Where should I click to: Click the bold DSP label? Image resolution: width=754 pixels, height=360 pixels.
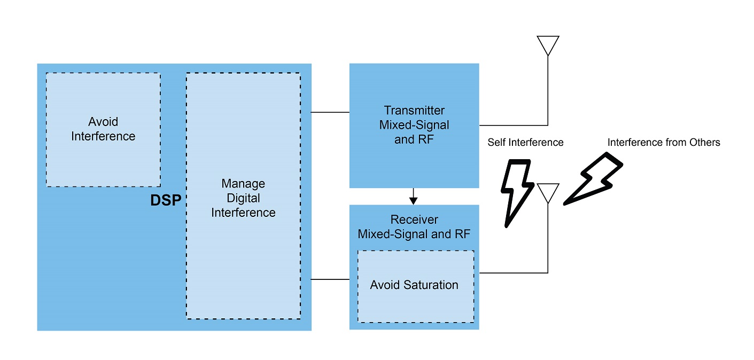pos(166,200)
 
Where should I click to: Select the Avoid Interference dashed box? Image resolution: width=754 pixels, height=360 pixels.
pos(103,129)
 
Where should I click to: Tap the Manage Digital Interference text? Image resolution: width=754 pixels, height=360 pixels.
pos(243,198)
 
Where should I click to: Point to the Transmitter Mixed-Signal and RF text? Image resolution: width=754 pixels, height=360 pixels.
pos(414,125)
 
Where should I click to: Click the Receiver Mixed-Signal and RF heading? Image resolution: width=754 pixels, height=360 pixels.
pos(414,227)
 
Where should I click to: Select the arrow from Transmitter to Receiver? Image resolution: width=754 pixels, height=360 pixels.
pos(413,196)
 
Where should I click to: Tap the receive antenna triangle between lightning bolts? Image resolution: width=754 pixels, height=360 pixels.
pos(548,192)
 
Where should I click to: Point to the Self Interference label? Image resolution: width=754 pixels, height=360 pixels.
pos(525,143)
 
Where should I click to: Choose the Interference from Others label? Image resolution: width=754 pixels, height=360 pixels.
pos(664,143)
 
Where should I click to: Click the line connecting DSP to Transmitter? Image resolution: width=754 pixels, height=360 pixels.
pos(330,112)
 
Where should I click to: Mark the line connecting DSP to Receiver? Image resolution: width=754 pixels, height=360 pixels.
pos(330,279)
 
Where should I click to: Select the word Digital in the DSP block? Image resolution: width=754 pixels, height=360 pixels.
pos(243,198)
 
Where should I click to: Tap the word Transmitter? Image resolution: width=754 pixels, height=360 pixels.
pos(414,111)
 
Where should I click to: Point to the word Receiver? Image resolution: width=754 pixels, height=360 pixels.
pos(414,220)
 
